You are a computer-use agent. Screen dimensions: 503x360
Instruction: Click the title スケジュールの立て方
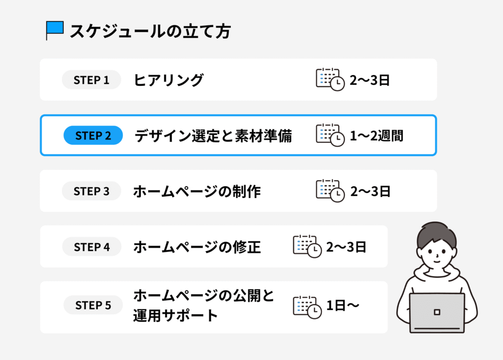[150, 31]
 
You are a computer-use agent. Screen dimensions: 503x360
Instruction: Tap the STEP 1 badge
[91, 80]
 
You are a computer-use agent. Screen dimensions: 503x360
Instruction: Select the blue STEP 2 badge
[93, 136]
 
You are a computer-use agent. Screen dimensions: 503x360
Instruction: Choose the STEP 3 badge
[91, 191]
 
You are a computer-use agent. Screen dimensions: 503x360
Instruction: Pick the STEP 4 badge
[92, 247]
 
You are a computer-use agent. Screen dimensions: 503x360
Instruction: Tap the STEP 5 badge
[93, 305]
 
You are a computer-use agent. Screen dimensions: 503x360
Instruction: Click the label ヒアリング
[168, 80]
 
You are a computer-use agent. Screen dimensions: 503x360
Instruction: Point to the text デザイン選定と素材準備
[213, 136]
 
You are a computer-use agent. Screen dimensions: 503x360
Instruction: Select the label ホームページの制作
[197, 192]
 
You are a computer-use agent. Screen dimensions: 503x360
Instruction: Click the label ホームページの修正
[197, 247]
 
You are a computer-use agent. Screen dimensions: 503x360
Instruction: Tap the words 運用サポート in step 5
[175, 315]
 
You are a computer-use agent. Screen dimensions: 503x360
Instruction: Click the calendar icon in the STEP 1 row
[330, 79]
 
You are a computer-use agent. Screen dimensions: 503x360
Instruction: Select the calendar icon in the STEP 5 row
[307, 307]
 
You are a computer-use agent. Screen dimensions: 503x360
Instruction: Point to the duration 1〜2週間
[377, 136]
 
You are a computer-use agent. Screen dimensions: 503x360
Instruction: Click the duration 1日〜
[342, 305]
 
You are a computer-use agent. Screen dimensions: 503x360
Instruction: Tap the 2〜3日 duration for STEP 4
[346, 247]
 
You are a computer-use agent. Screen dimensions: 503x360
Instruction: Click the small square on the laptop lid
[437, 312]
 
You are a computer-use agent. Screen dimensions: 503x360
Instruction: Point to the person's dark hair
[437, 235]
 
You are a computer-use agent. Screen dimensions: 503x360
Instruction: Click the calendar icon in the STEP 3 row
[330, 191]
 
